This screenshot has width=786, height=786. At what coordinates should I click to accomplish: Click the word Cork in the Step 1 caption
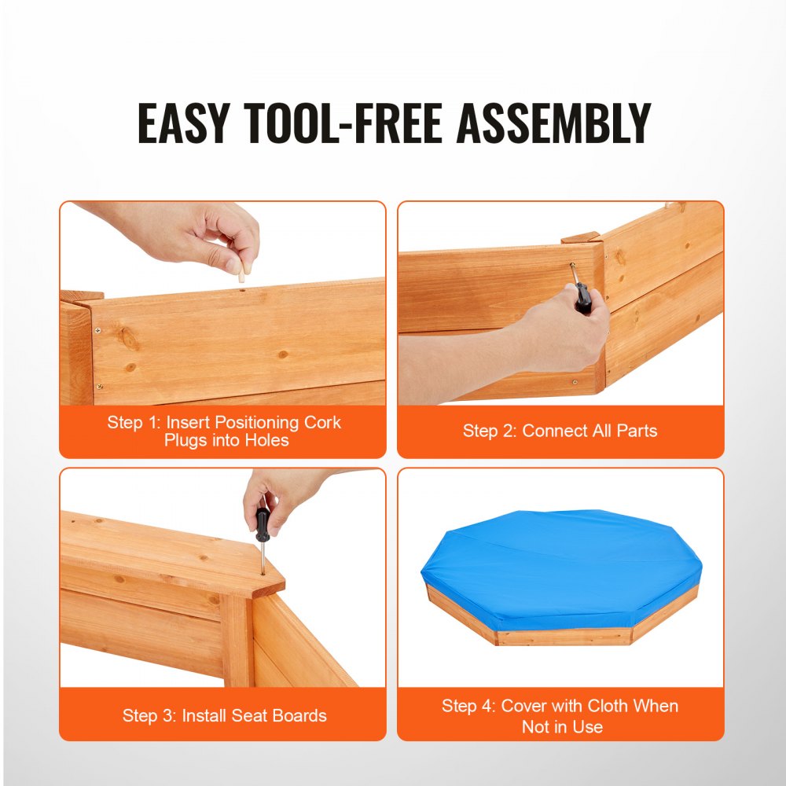(322, 423)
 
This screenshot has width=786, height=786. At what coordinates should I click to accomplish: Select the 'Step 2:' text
(490, 431)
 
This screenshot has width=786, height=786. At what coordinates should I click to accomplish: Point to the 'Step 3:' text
(149, 716)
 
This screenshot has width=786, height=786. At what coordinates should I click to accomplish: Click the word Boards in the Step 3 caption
(299, 716)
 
